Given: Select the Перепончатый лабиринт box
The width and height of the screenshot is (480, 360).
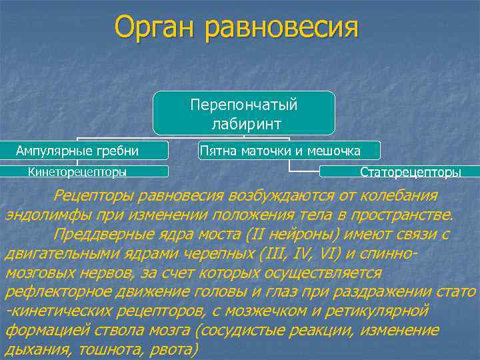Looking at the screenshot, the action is click(x=243, y=114).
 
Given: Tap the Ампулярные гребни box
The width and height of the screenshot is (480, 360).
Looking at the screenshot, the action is click(x=77, y=151).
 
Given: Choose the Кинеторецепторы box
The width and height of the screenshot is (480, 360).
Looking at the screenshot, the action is click(x=77, y=171).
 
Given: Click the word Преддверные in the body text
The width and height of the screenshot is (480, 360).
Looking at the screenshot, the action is click(x=104, y=235).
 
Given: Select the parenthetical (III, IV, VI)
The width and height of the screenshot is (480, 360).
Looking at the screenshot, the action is click(x=313, y=254).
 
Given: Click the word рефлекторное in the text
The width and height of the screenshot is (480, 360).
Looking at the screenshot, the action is click(x=50, y=293).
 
